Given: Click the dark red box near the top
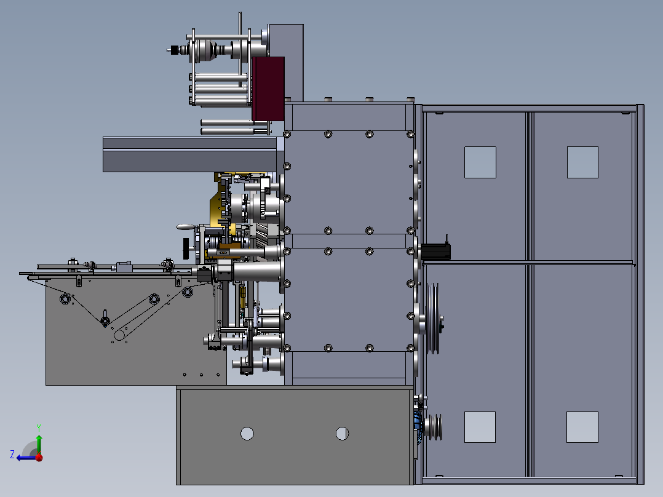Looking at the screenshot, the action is [x=268, y=89].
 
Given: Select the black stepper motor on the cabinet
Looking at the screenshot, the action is [x=435, y=252].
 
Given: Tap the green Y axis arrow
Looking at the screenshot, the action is [x=39, y=442].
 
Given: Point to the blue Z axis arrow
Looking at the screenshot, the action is [x=27, y=458].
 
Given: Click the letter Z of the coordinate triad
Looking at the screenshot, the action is [x=12, y=455].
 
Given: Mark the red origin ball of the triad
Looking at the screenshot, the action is [x=39, y=457].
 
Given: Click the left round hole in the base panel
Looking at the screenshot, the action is [x=247, y=434].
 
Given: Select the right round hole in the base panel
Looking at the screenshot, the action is [x=342, y=434].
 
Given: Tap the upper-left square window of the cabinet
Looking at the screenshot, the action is [x=480, y=162].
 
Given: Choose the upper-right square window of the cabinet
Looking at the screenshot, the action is [x=582, y=162].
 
